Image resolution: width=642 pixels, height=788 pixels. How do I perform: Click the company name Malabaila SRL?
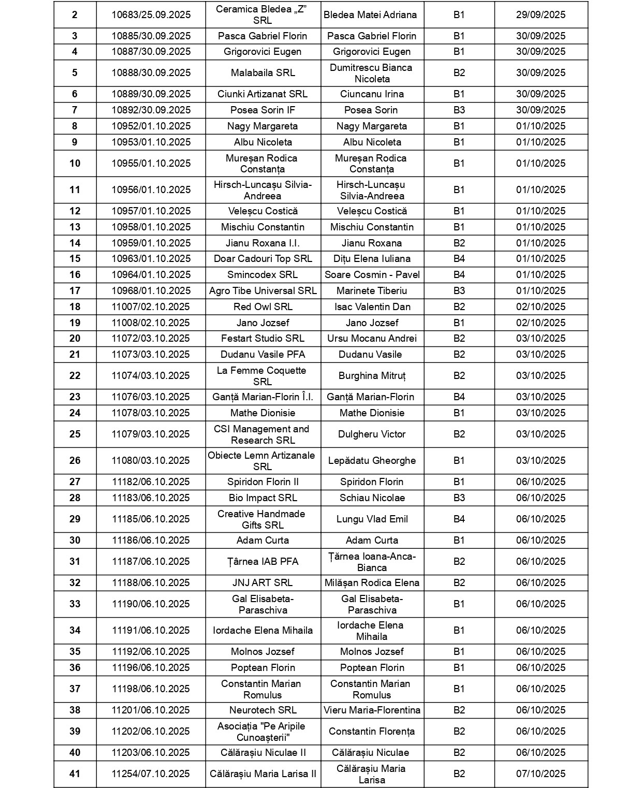[x=262, y=73]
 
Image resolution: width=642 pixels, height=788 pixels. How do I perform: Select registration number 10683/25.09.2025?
[x=151, y=15]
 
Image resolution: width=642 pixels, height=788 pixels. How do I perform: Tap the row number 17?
[x=75, y=291]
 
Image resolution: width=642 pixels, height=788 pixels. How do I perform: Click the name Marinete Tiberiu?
[x=372, y=291]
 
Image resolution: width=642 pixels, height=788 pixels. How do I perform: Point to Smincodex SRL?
[x=262, y=275]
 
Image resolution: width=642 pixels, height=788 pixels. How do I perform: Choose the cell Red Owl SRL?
[x=262, y=307]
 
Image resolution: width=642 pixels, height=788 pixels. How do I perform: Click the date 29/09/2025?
[x=541, y=15]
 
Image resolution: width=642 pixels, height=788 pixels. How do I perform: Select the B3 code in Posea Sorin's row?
[x=459, y=110]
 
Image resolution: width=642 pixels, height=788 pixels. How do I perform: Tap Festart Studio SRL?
[x=262, y=339]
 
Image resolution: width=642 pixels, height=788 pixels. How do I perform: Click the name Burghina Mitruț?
[x=372, y=376]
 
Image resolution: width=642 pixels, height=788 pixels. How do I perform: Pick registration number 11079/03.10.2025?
[x=151, y=434]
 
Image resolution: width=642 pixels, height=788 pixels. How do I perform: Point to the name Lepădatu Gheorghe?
[x=372, y=461]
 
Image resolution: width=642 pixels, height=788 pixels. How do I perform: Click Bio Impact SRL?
[x=262, y=498]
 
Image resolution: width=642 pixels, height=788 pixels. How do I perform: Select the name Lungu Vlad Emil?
[x=372, y=519]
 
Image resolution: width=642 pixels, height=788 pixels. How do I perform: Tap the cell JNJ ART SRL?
[x=262, y=583]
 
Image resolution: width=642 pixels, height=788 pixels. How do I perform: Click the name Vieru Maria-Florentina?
[x=372, y=710]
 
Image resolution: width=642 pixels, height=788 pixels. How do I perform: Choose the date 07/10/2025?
[x=541, y=774]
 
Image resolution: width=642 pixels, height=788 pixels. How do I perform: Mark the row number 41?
[x=75, y=774]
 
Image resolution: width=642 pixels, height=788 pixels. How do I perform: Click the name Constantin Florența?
[x=372, y=732]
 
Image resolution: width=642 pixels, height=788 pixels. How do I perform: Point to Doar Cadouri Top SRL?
[x=262, y=259]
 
